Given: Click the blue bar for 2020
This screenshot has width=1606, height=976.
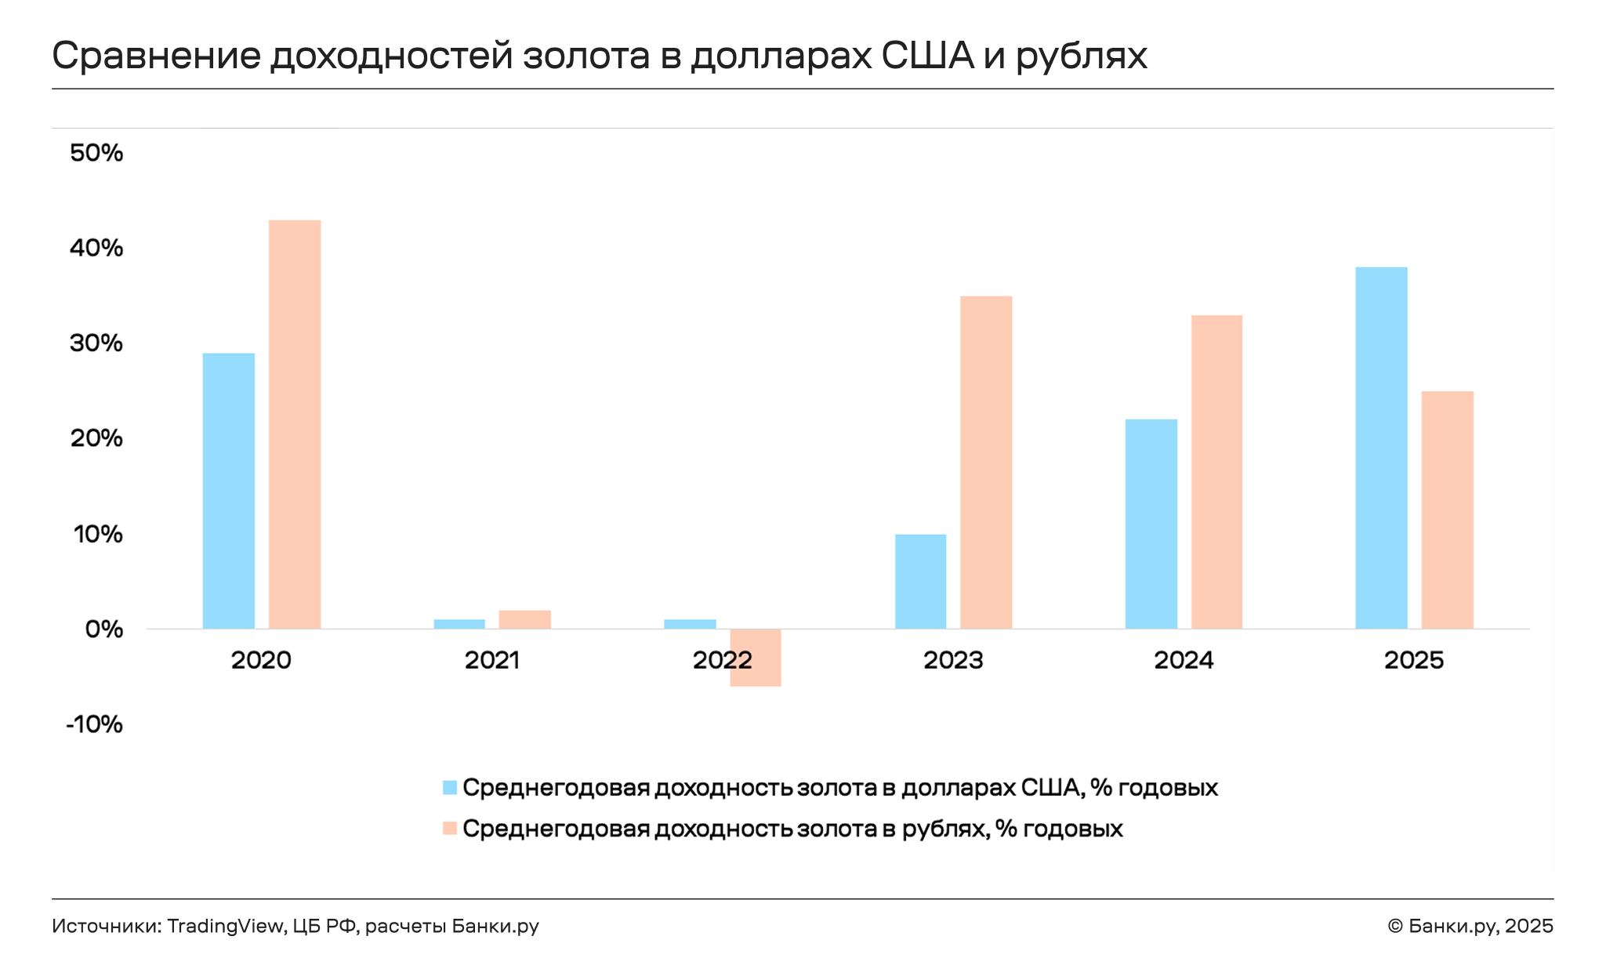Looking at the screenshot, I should (228, 491).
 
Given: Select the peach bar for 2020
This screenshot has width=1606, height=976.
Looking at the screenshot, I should (295, 424).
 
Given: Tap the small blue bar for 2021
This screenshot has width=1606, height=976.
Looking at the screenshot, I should (459, 624).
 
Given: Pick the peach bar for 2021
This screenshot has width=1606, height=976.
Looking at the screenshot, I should (524, 619).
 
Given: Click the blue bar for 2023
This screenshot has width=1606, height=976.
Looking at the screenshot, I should (920, 581).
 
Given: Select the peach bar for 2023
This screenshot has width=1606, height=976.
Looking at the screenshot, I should (986, 463).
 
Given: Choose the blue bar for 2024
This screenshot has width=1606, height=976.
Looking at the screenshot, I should (1151, 524).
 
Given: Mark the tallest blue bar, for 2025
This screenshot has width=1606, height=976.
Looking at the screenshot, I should (1381, 448).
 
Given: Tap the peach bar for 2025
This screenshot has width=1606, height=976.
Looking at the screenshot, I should (1447, 510).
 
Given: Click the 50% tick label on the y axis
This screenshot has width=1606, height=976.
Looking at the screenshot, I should (96, 153).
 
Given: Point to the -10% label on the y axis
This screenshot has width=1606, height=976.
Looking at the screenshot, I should (95, 724).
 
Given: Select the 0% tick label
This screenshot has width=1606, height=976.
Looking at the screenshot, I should (104, 629).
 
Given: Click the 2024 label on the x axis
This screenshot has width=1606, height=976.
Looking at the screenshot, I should (1184, 660).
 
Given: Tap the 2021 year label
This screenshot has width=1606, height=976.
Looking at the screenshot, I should (492, 660).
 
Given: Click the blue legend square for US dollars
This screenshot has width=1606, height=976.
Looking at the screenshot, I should (450, 788).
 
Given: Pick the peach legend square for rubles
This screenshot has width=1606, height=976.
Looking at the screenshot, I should (450, 829).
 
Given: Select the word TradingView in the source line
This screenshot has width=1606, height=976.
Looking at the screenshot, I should (225, 926).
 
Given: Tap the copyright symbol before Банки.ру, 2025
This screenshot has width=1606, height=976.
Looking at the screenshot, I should (1394, 927).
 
